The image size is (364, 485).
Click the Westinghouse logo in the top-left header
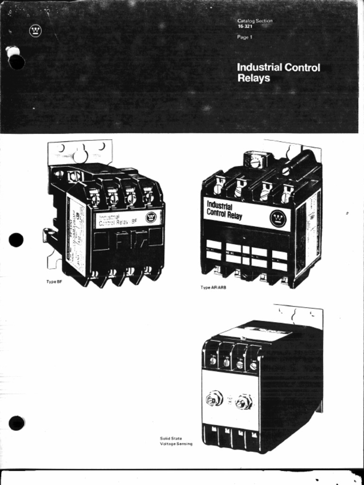tap(35, 31)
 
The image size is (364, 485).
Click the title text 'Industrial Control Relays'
tap(278, 72)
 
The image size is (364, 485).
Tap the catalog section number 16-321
tap(245, 27)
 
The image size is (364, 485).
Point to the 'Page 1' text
tap(245, 37)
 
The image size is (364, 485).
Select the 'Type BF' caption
tap(54, 282)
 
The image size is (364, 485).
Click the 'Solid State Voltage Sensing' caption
tap(176, 441)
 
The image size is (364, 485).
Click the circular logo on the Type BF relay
tap(151, 218)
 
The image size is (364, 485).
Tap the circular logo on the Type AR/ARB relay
tap(278, 218)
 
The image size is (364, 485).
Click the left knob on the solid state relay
tap(214, 399)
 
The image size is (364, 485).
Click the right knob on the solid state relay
tap(244, 402)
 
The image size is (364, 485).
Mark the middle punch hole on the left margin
tap(16, 240)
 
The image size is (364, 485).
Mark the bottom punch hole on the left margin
tap(17, 422)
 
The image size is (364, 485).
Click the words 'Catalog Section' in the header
tap(255, 21)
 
